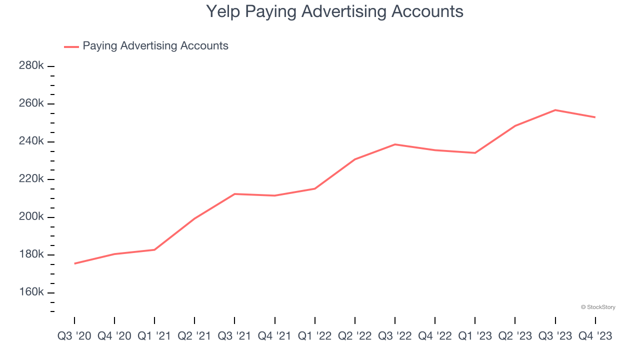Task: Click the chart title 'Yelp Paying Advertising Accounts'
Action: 334,11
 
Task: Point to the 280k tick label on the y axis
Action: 31,66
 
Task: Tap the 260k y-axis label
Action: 31,103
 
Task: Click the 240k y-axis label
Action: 31,141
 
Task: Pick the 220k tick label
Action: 31,179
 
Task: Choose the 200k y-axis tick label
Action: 31,217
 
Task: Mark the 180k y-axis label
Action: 31,254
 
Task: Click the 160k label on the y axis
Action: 31,292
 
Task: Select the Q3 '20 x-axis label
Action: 74,335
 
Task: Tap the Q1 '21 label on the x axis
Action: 154,335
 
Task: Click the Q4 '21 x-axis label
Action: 274,335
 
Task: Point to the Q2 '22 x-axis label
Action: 354,335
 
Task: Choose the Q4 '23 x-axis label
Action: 595,335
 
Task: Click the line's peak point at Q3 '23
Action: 555,110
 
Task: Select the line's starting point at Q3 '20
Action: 74,263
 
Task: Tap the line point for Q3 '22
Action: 395,144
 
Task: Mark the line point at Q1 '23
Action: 475,153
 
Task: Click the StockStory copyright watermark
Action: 598,307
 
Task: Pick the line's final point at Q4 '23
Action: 595,117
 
